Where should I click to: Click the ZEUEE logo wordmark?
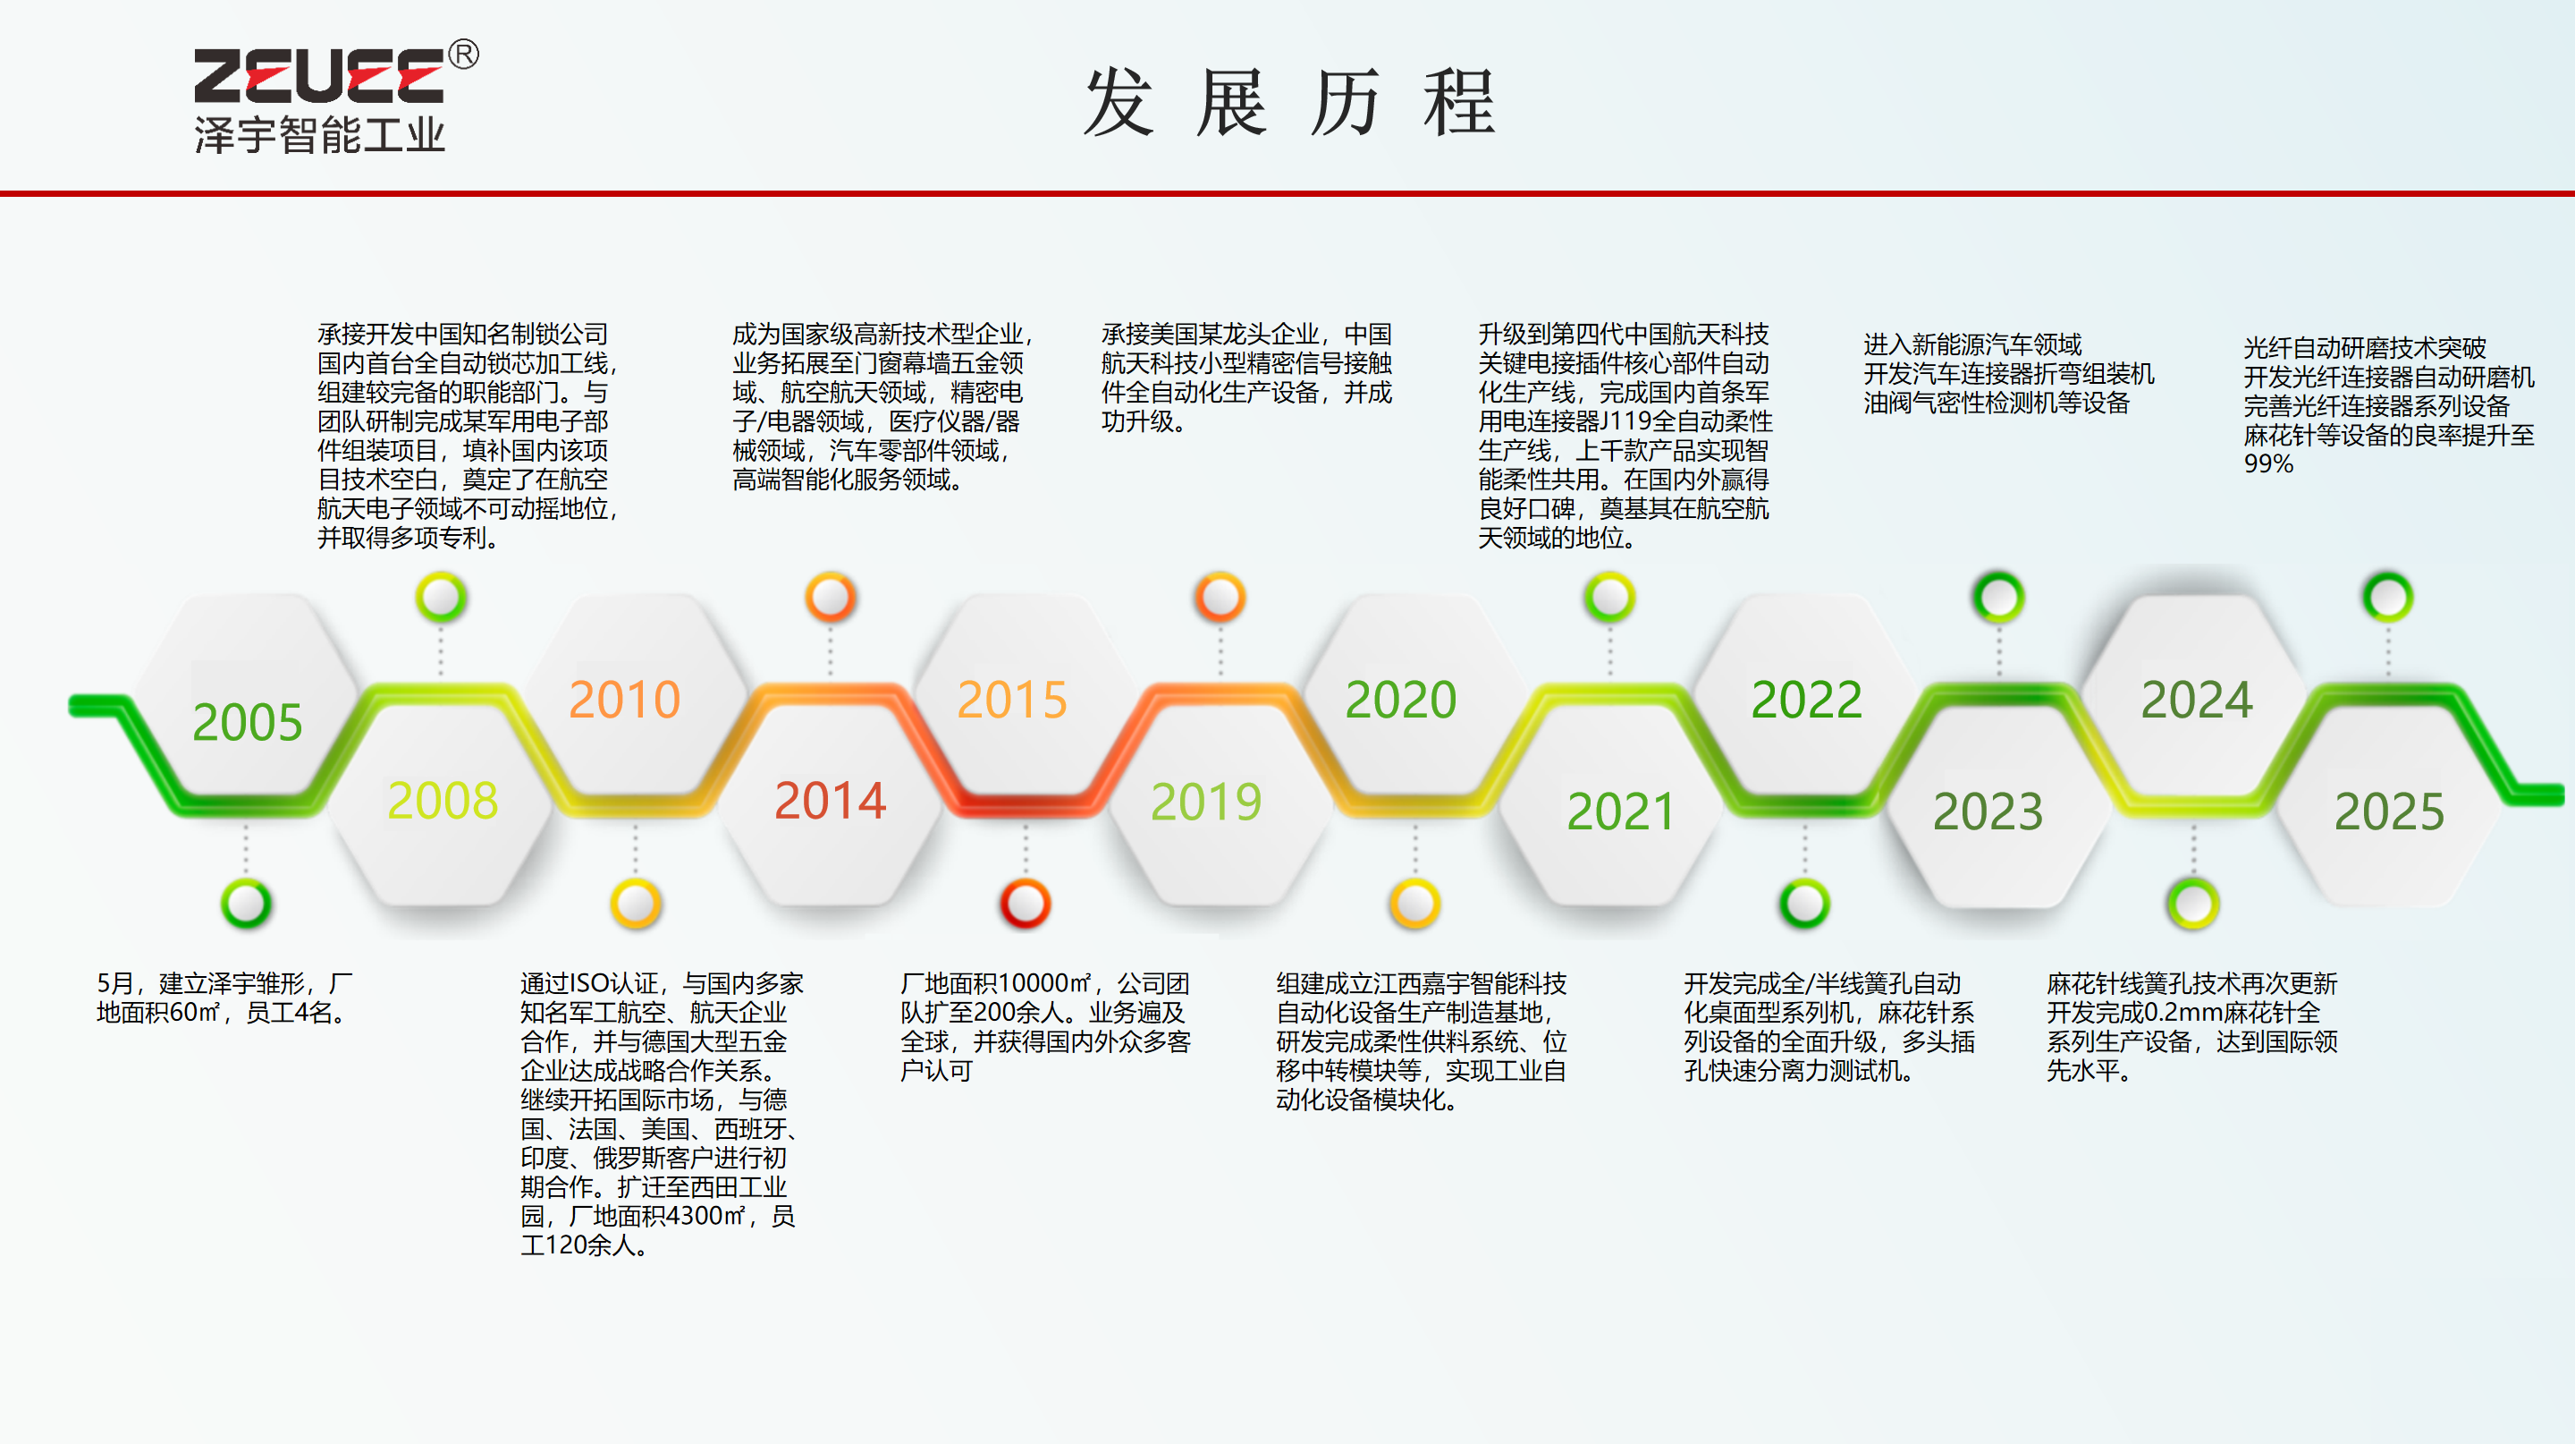pyautogui.click(x=318, y=76)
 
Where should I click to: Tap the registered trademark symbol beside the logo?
pyautogui.click(x=463, y=54)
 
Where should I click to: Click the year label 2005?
pyautogui.click(x=247, y=722)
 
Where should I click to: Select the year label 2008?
pyautogui.click(x=443, y=800)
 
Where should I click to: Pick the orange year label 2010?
pyautogui.click(x=625, y=699)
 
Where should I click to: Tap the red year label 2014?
pyautogui.click(x=831, y=800)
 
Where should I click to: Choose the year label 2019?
pyautogui.click(x=1206, y=801)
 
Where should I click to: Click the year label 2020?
pyautogui.click(x=1400, y=699)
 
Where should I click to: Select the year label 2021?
pyautogui.click(x=1620, y=811)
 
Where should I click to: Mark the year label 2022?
pyautogui.click(x=1806, y=699)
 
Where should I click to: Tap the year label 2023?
pyautogui.click(x=1988, y=811)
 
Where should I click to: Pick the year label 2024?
pyautogui.click(x=2197, y=699)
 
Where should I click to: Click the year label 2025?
pyautogui.click(x=2390, y=811)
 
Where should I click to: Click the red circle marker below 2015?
pyautogui.click(x=1026, y=903)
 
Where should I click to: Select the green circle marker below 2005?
pyautogui.click(x=246, y=903)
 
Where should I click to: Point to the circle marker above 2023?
pyautogui.click(x=1999, y=597)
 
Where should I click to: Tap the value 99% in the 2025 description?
pyautogui.click(x=2268, y=464)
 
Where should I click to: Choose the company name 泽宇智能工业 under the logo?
pyautogui.click(x=320, y=134)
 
